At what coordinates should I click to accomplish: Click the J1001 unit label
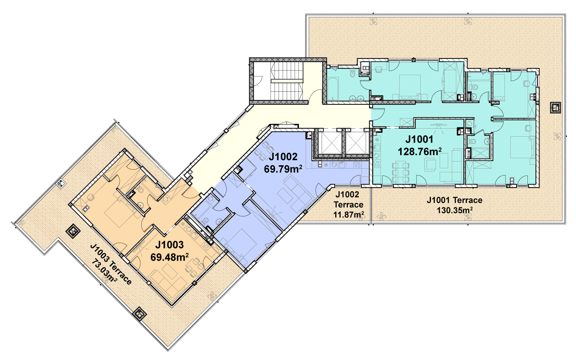coord(419,139)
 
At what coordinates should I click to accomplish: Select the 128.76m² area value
coord(420,152)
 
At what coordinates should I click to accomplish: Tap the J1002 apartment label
coord(283,157)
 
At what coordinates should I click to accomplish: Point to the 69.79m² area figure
coord(283,169)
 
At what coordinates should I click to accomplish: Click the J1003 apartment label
coord(170,245)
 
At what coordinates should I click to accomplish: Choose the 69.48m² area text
coord(170,257)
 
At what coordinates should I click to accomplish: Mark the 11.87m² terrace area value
coord(348,214)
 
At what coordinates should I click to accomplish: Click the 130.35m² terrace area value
coord(454,210)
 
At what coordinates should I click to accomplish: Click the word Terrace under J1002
coord(348,205)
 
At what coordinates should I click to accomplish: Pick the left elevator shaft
coord(330,143)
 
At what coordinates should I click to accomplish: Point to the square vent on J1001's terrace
coord(555,108)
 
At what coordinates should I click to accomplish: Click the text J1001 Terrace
coord(454,200)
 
